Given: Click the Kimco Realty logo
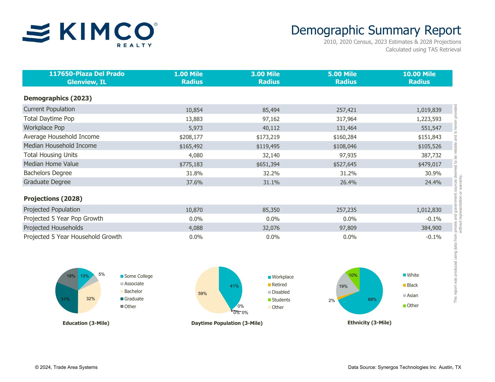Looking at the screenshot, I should click(x=90, y=34).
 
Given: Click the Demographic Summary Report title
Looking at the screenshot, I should click(x=376, y=30).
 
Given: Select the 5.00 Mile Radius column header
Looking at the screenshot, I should click(x=342, y=78).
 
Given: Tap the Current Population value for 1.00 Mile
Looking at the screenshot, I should click(x=194, y=110).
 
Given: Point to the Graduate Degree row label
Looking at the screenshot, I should click(x=47, y=182).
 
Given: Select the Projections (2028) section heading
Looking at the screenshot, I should click(x=53, y=199).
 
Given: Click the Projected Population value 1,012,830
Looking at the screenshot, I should click(x=429, y=210).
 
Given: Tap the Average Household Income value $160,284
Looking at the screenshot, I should click(x=345, y=137).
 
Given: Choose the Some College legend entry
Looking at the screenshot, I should click(x=138, y=276).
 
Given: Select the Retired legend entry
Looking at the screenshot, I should click(x=279, y=285).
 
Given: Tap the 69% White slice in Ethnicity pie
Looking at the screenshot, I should click(x=366, y=301).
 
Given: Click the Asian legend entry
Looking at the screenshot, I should click(x=412, y=296).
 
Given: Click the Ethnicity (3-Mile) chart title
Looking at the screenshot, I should click(x=369, y=323).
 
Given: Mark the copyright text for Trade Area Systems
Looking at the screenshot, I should click(x=66, y=367).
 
